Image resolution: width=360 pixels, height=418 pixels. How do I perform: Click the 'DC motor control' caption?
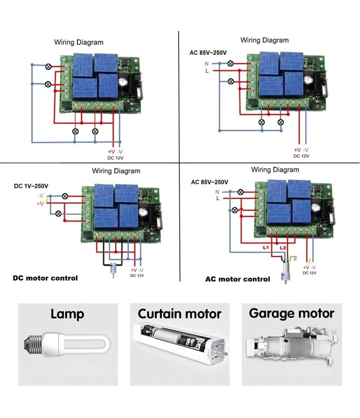tap(45, 278)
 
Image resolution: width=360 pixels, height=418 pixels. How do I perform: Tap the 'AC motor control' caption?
tap(238, 279)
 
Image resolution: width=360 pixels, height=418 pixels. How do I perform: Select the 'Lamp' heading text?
tap(67, 314)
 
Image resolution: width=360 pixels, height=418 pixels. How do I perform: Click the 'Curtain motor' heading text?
tap(180, 314)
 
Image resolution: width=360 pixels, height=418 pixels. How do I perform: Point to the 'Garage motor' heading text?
tap(292, 313)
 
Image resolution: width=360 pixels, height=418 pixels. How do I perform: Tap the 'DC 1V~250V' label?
tap(31, 186)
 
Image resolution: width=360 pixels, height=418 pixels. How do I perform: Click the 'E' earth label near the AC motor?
tap(295, 259)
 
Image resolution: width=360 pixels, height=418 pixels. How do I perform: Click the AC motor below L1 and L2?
tap(284, 274)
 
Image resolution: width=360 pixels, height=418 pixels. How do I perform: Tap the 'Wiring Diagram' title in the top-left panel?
tap(79, 42)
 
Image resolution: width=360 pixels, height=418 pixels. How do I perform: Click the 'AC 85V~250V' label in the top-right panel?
tap(208, 53)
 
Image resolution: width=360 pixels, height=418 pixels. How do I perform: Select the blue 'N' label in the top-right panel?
tap(207, 63)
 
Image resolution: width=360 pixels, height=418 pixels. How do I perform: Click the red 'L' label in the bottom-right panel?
tap(218, 198)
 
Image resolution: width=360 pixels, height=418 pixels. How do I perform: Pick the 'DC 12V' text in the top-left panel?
tap(116, 157)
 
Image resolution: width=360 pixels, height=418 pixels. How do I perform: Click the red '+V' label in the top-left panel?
tap(112, 152)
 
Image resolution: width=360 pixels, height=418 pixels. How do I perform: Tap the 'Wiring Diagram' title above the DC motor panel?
tap(116, 171)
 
